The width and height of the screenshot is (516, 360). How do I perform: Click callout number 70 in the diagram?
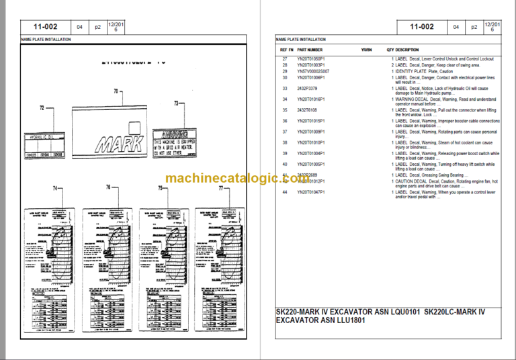[116, 91]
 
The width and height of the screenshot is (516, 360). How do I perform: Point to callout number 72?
[42, 107]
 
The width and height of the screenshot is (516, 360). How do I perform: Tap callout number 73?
[177, 103]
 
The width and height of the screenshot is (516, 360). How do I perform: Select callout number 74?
[56, 188]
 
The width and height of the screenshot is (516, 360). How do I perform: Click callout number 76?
[107, 188]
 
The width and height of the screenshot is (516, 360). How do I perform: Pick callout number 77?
[220, 188]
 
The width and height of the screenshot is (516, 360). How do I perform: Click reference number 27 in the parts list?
[284, 59]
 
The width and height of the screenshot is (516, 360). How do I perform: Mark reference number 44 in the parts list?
[284, 193]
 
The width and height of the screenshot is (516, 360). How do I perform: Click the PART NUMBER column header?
[310, 50]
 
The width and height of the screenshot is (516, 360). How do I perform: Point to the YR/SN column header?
[366, 50]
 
